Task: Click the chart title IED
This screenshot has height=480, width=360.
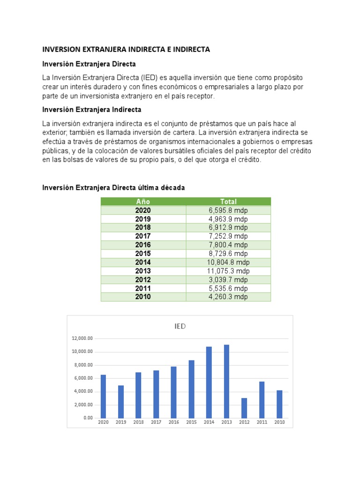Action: coord(180,327)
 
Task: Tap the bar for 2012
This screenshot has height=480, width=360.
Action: coord(244,408)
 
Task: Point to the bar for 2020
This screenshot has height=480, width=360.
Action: coord(103,396)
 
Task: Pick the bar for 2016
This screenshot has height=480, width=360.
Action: coord(173,392)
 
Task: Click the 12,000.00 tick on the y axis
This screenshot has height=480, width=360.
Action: coord(82,338)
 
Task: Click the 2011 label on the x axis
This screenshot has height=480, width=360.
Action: coord(262,423)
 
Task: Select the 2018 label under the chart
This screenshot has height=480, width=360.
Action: coord(138,423)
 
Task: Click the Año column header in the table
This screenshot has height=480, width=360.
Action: coord(143,202)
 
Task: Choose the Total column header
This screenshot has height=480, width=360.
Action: coord(228,202)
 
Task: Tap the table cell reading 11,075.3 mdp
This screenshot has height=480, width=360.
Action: coord(228,271)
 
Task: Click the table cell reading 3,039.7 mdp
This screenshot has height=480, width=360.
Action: coord(228,280)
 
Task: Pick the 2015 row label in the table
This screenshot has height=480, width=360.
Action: coord(143,254)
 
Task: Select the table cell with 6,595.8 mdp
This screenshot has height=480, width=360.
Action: coord(228,210)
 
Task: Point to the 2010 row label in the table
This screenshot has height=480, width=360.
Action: coord(143,297)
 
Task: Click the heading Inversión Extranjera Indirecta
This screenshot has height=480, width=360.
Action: coord(91,110)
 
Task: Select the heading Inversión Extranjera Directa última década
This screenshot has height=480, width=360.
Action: coord(113,187)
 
